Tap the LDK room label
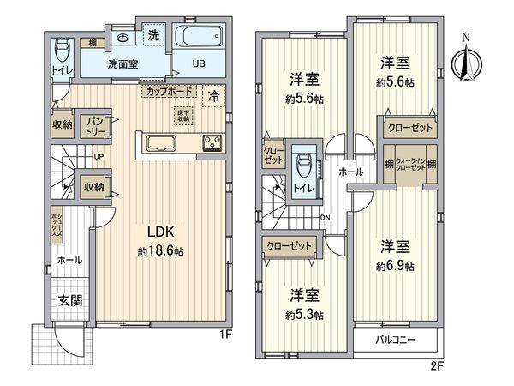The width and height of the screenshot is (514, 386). click(x=163, y=232)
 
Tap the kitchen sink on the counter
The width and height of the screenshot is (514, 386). click(x=160, y=143)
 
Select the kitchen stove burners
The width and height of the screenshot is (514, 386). click(x=211, y=143)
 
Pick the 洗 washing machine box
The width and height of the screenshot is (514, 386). click(x=152, y=36)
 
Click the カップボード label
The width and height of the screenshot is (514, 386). click(x=168, y=90)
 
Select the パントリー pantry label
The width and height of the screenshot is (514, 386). click(x=95, y=128)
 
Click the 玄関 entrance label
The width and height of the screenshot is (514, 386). click(x=70, y=301)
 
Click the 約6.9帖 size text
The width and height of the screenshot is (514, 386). click(x=397, y=267)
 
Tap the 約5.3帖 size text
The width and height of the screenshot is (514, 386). click(x=306, y=315)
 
